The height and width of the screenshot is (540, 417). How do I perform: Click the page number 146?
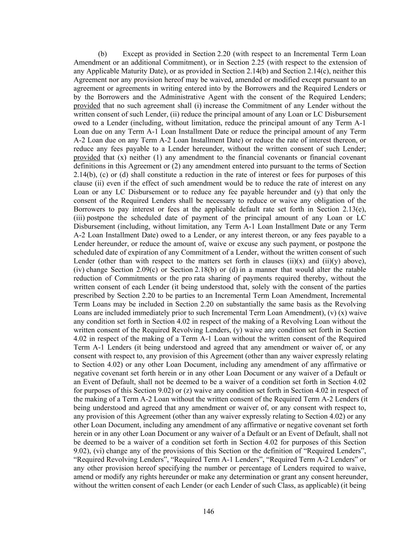208,512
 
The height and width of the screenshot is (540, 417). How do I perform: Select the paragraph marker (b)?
102,54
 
